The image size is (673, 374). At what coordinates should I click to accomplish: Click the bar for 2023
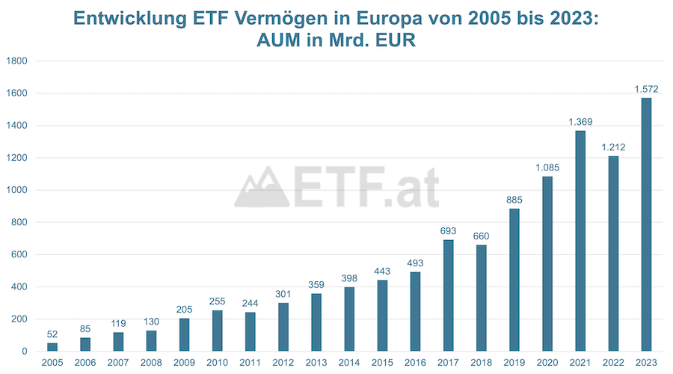pos(646,224)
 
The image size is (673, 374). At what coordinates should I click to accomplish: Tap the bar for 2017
pos(448,295)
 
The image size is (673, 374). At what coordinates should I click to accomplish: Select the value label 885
pos(514,200)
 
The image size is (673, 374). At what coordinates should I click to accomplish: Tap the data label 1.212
pos(613,147)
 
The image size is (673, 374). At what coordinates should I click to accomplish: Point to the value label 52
pos(52,334)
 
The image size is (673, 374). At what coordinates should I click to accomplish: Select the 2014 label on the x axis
pos(349,363)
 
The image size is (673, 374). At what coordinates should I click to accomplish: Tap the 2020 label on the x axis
pos(547,363)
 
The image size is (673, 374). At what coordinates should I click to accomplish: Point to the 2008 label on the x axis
pos(151,363)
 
